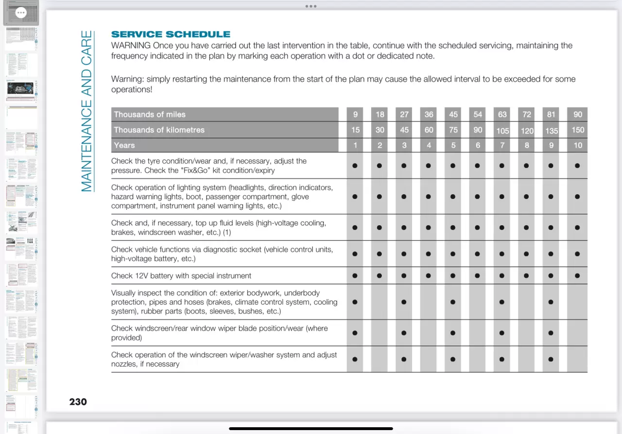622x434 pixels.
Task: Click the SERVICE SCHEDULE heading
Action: tap(171, 34)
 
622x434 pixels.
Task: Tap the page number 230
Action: tap(78, 401)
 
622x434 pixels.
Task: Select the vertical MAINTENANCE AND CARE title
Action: tap(86, 111)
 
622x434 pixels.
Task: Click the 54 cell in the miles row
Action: tap(478, 115)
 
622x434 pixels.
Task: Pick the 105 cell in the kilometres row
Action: tap(502, 130)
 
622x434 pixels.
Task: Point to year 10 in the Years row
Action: tap(577, 145)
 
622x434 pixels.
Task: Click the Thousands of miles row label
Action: tap(150, 115)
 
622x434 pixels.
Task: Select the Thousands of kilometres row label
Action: tap(159, 130)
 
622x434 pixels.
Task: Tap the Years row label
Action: tap(124, 145)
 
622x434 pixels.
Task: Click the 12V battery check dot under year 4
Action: tap(428, 276)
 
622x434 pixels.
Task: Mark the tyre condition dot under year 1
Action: tap(355, 166)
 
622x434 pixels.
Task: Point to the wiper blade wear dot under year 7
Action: tap(501, 333)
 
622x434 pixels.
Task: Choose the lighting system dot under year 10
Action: tap(577, 197)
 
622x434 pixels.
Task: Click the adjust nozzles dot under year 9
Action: tap(551, 359)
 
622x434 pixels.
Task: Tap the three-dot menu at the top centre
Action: tap(311, 6)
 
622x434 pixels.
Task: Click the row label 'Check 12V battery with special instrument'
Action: tap(181, 276)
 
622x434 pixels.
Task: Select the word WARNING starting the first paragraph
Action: tap(131, 46)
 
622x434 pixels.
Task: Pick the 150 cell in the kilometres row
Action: tap(577, 130)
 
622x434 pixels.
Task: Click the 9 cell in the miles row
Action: tap(355, 115)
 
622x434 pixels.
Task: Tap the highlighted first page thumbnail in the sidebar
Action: tap(21, 13)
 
